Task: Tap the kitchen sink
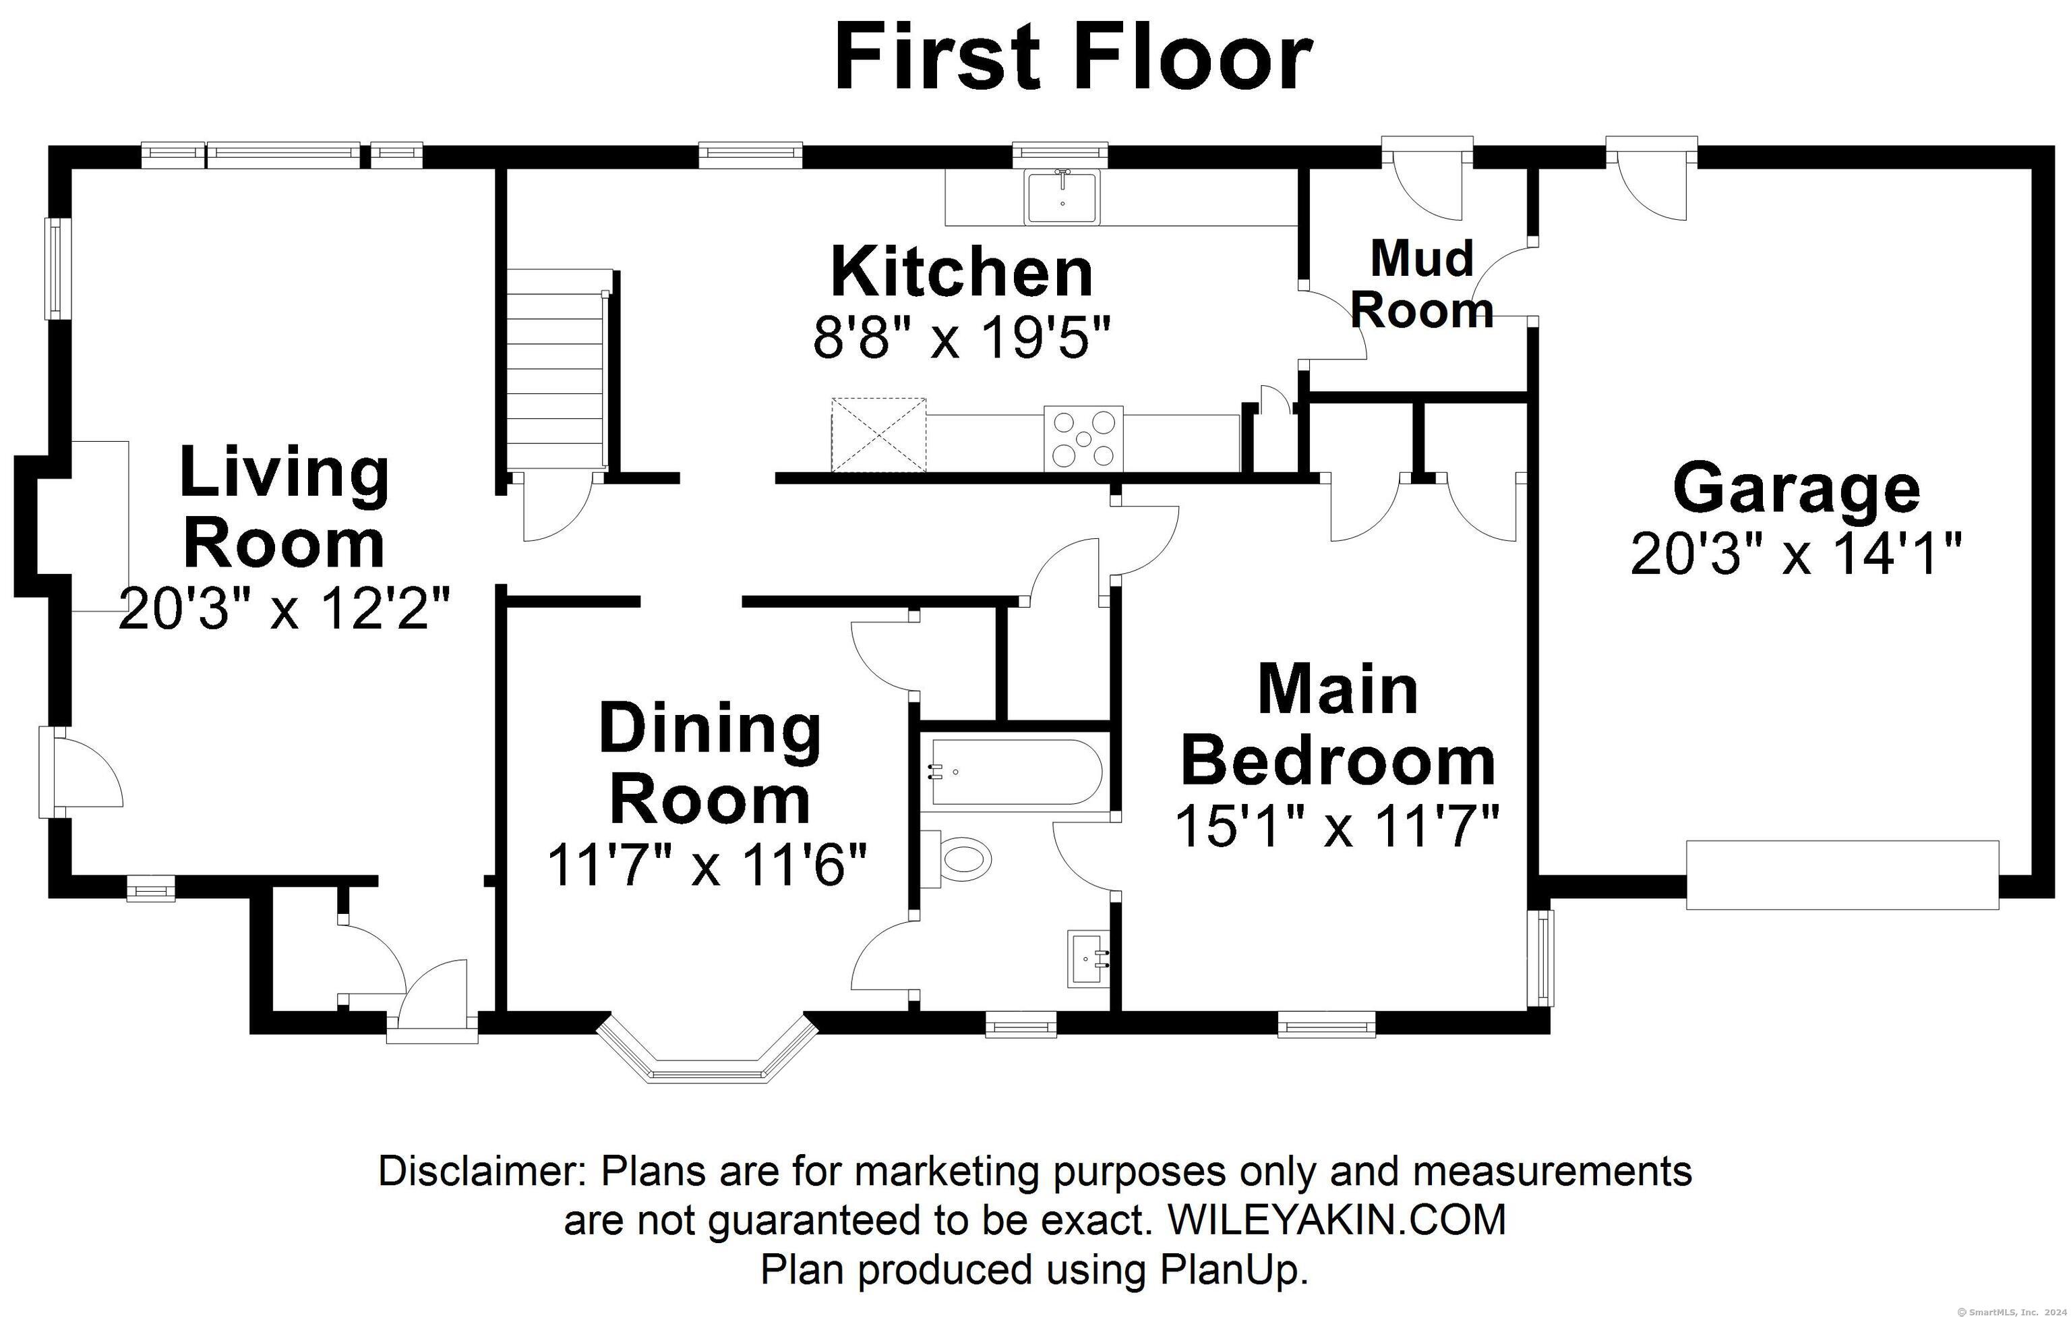point(1063,197)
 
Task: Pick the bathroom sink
point(1089,958)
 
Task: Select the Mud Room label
point(1422,284)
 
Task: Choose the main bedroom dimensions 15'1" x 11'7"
point(1338,826)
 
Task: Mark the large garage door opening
point(1842,875)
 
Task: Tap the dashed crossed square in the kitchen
point(878,434)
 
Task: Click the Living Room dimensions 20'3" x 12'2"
point(284,608)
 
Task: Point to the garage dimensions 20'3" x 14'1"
point(1797,552)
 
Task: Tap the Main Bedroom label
point(1338,724)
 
